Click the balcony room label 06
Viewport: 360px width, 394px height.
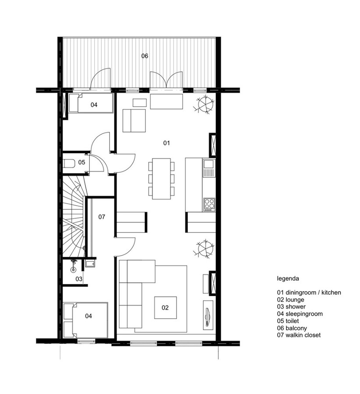pos(145,56)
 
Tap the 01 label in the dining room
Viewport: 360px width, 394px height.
pos(166,143)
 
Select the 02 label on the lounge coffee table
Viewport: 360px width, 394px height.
pos(165,308)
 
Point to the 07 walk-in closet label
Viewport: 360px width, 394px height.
pos(102,217)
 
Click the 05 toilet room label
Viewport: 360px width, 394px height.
pos(82,162)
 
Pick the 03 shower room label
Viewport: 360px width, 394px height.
pos(79,279)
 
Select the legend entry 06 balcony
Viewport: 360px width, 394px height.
pos(292,328)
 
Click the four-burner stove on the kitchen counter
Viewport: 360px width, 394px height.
pos(209,204)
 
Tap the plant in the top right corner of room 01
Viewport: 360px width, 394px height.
pos(205,105)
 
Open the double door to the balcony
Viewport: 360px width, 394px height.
pos(166,81)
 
